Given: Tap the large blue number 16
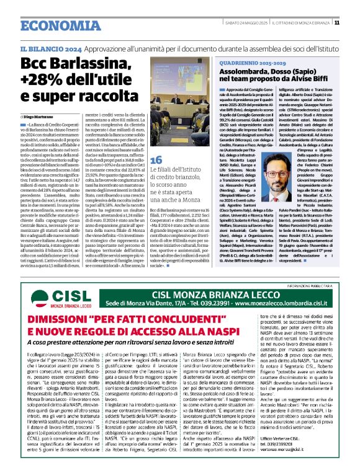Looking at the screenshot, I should [x=156, y=159].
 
